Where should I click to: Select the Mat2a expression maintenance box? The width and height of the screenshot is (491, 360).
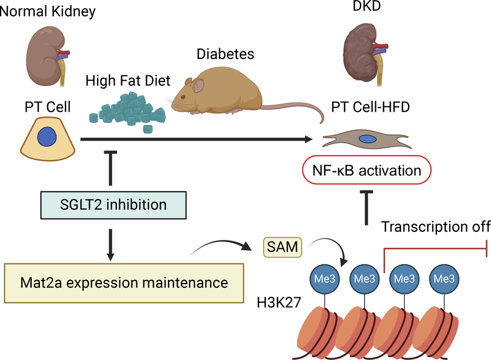click(115, 282)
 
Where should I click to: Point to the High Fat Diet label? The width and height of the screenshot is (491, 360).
click(128, 81)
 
